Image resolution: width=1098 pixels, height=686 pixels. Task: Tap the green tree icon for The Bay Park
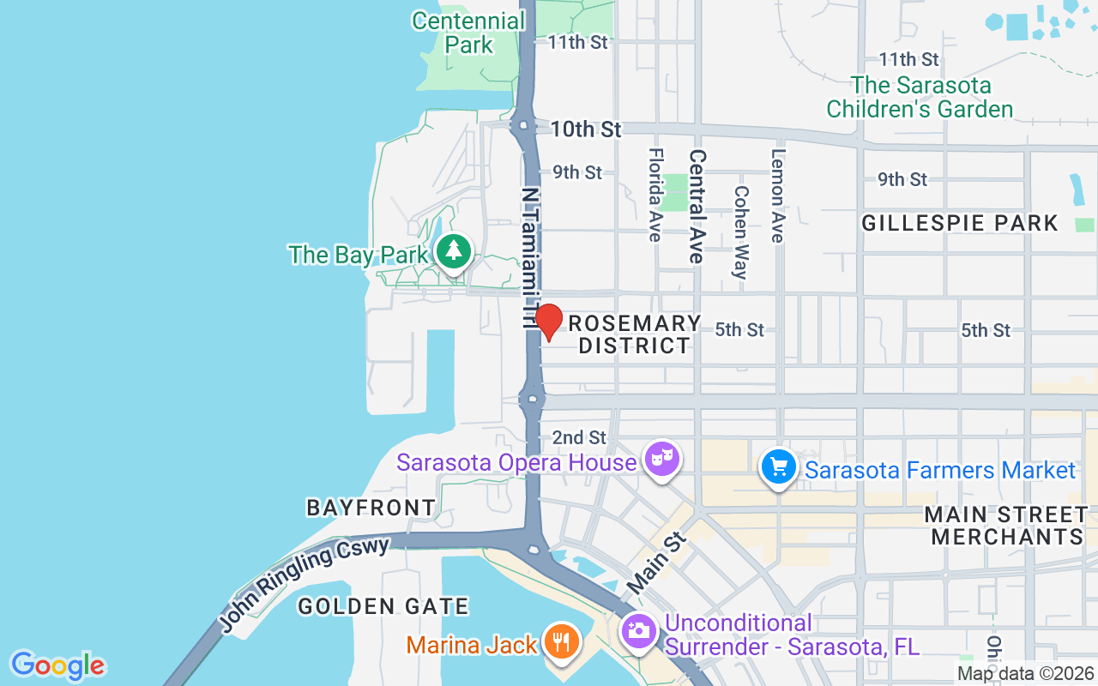pyautogui.click(x=454, y=251)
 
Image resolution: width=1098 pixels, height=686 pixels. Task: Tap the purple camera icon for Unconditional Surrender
pyautogui.click(x=639, y=633)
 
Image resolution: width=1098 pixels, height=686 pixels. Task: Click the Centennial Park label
pyautogui.click(x=468, y=33)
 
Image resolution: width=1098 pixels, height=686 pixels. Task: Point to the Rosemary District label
pyautogui.click(x=635, y=334)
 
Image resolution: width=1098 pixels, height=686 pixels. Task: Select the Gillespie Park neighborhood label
pyautogui.click(x=960, y=223)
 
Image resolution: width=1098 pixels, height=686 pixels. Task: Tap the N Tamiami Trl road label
pyautogui.click(x=530, y=257)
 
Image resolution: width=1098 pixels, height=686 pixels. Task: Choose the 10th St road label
pyautogui.click(x=586, y=129)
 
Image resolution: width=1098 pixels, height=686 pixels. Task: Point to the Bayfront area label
pyautogui.click(x=371, y=508)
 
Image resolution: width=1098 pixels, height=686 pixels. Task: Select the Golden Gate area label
pyautogui.click(x=383, y=607)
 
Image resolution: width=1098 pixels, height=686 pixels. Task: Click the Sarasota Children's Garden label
pyautogui.click(x=920, y=97)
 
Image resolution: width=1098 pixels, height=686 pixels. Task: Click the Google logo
pyautogui.click(x=57, y=665)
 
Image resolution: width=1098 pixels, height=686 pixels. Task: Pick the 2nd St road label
pyautogui.click(x=579, y=437)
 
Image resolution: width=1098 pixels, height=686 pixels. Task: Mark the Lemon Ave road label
pyautogui.click(x=778, y=196)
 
